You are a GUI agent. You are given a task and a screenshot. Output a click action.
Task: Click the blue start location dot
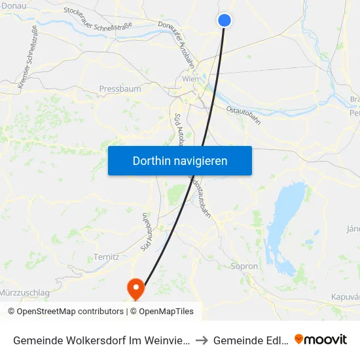point(225,20)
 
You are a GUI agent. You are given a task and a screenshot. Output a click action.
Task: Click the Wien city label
point(190,79)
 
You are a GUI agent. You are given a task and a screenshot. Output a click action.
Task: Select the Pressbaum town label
point(120,88)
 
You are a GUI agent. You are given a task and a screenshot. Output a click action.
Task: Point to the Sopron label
point(244,266)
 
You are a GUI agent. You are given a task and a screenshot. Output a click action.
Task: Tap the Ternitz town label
point(107,257)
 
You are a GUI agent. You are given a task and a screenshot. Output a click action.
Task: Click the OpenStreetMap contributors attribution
point(65,312)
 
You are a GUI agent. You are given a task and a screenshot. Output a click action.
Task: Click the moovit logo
point(321,339)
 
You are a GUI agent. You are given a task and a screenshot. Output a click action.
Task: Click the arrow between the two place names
point(203,340)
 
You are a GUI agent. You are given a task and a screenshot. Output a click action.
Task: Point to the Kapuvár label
point(347,297)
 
